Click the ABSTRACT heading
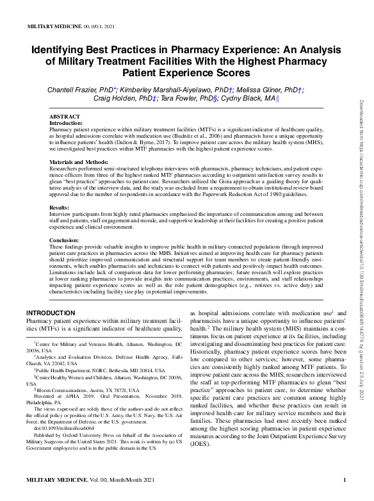(65, 117)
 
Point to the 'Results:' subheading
(60, 208)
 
